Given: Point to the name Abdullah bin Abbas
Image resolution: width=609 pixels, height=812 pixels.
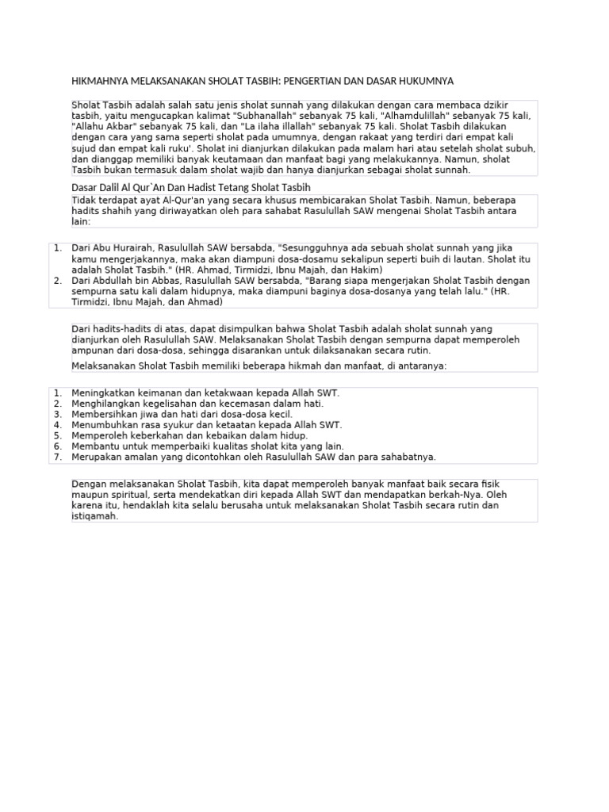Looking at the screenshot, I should (130, 281).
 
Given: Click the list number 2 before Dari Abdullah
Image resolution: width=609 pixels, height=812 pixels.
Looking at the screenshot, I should (58, 281).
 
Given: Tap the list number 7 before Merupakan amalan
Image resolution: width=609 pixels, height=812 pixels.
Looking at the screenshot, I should (58, 457).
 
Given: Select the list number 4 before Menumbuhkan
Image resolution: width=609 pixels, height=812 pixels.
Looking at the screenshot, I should (58, 425).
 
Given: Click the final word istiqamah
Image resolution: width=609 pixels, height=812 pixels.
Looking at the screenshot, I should (94, 516).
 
